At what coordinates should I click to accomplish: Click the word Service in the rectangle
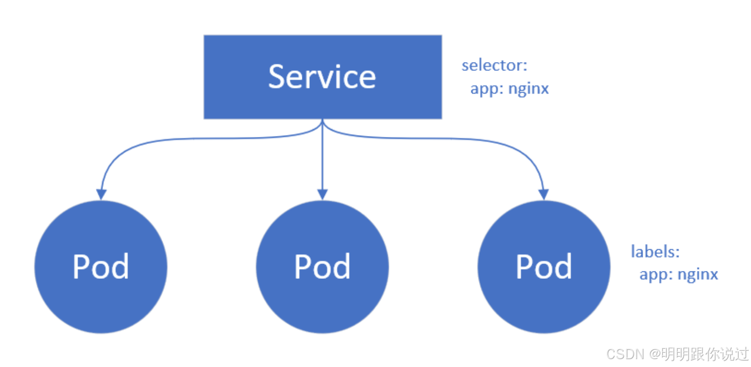(x=322, y=77)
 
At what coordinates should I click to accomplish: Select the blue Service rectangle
(x=323, y=77)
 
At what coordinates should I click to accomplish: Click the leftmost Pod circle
(x=101, y=267)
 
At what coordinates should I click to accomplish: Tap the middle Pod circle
(x=322, y=267)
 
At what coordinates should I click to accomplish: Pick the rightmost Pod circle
(x=544, y=267)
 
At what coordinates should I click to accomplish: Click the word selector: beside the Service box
(x=494, y=65)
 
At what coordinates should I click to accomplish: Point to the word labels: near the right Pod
(x=655, y=251)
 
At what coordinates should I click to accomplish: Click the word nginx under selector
(x=528, y=89)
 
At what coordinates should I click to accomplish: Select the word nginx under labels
(x=698, y=275)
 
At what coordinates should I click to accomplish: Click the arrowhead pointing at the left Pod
(x=101, y=194)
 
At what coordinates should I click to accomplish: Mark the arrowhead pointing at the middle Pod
(x=322, y=194)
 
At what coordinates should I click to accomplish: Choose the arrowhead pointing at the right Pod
(x=544, y=194)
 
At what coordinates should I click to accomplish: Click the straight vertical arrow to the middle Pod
(x=322, y=160)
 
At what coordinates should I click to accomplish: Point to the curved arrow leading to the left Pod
(x=195, y=138)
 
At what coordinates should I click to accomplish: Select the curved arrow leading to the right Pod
(x=451, y=138)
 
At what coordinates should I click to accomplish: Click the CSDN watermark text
(x=625, y=354)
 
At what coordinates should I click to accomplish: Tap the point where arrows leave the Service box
(x=322, y=120)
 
